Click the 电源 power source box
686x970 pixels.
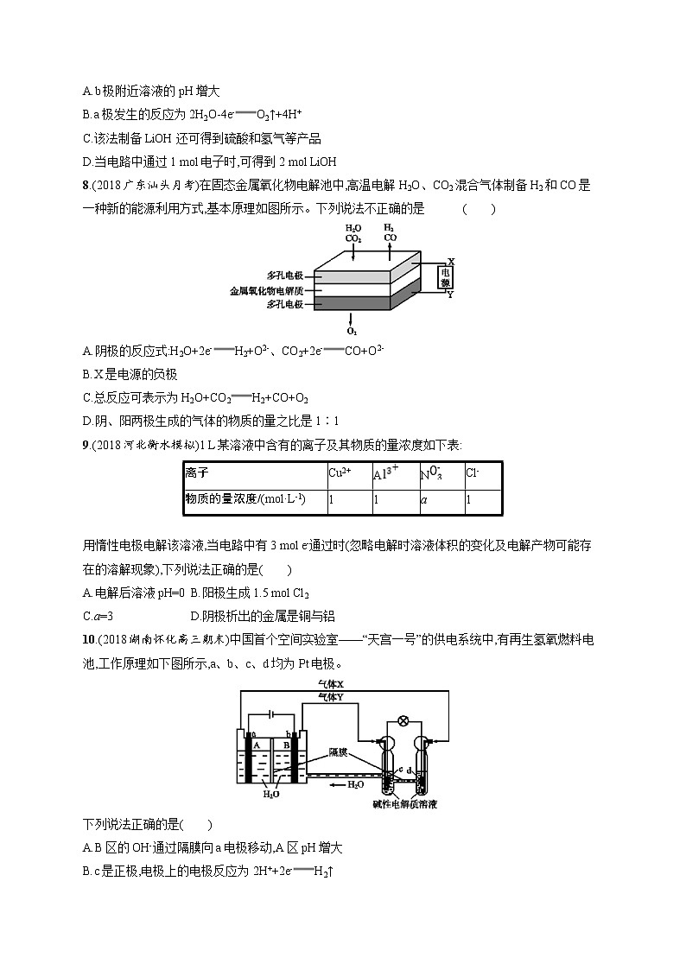click(445, 277)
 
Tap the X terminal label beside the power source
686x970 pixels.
click(451, 261)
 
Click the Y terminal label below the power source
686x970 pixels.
click(450, 295)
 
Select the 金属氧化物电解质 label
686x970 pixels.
click(267, 290)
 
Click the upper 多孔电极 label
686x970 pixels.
click(285, 276)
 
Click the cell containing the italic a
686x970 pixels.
click(441, 502)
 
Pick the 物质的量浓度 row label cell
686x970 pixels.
click(256, 502)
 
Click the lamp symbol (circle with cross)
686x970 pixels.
click(404, 720)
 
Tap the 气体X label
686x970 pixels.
click(331, 684)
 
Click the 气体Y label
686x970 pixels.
click(331, 697)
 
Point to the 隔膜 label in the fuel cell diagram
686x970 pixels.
click(338, 752)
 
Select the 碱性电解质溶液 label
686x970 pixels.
click(405, 804)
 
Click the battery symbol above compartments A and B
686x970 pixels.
click(271, 713)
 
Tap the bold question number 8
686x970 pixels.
click(86, 185)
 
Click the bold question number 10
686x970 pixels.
click(88, 640)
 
